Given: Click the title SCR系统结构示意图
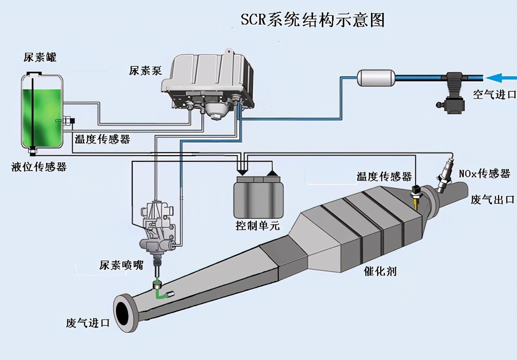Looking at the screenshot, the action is click(312, 20).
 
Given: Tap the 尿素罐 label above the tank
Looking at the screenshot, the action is click(40, 57).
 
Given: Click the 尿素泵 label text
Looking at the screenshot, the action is click(146, 71).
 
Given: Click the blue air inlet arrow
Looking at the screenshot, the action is click(501, 78).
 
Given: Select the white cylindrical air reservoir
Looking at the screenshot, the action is click(376, 78).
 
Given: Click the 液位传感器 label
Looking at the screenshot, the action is click(39, 167).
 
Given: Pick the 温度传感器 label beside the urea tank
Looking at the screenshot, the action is click(103, 139).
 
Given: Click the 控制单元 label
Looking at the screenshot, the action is click(257, 225).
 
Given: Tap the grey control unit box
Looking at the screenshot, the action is click(258, 197).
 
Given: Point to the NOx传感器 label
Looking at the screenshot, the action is click(484, 174).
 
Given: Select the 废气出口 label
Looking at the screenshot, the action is click(492, 199).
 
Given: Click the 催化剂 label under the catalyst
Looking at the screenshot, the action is click(380, 271).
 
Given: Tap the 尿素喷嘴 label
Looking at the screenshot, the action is click(121, 265).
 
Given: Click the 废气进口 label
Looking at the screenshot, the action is click(88, 323).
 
